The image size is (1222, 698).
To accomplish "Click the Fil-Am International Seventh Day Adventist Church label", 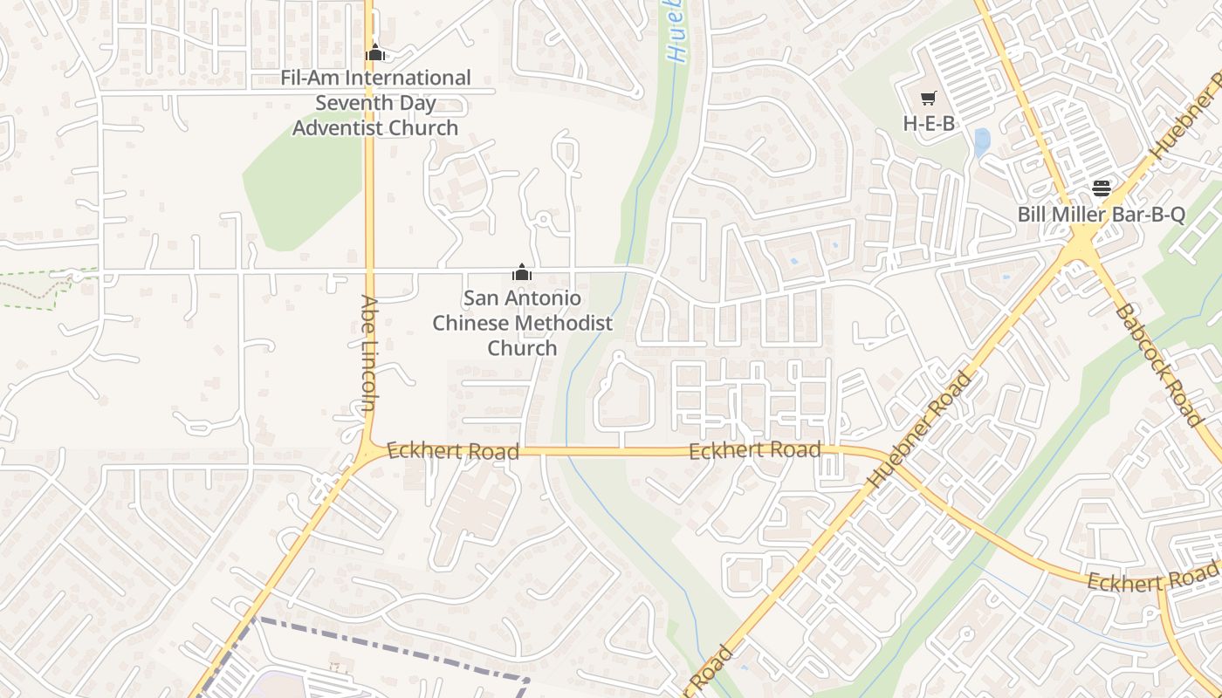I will [374, 103].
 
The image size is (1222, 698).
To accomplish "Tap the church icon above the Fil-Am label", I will [375, 53].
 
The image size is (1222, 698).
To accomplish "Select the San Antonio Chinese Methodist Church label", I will [522, 323].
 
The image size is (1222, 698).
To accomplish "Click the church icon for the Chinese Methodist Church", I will [522, 272].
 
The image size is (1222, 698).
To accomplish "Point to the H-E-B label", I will [929, 124].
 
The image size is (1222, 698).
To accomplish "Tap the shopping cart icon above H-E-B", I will [928, 99].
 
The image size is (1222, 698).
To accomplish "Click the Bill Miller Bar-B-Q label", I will [1102, 215].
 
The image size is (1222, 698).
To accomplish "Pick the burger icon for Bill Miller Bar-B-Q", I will [1102, 188].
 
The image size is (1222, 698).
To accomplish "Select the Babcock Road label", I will [1160, 365].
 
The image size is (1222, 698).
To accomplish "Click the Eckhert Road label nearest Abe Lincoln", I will [452, 451].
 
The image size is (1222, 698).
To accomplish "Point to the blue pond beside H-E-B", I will [982, 141].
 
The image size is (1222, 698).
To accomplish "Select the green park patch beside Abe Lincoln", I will [301, 183].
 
